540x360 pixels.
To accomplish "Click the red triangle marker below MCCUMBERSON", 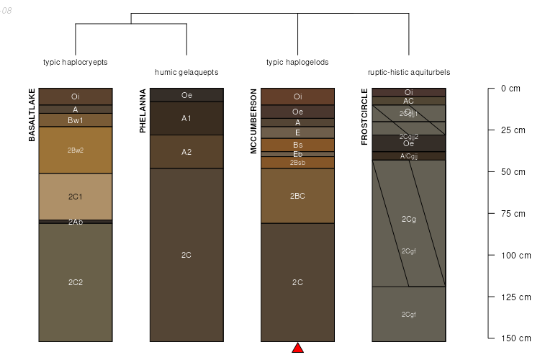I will click(x=297, y=348).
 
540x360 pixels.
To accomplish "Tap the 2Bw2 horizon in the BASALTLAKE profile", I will click(x=76, y=150).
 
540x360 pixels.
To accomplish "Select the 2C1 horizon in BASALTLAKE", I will click(x=76, y=196).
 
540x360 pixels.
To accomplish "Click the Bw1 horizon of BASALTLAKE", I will click(x=76, y=120).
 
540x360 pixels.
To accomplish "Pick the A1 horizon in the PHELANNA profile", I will click(x=186, y=118).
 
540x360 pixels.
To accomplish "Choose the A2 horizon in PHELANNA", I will click(x=186, y=151).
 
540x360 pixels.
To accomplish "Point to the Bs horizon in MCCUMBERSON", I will click(x=297, y=145).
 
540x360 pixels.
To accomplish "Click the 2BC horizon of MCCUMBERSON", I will click(x=297, y=196).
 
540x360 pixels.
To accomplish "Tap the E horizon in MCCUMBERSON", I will click(x=297, y=132).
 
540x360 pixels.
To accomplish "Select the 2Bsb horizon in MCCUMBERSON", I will click(x=297, y=163).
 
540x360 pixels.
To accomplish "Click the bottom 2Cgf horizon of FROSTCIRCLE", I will click(x=408, y=314).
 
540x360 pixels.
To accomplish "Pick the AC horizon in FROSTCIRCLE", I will click(x=408, y=101).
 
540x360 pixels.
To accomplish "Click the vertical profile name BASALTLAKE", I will click(x=32, y=114).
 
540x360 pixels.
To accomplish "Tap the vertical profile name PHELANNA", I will click(x=143, y=111).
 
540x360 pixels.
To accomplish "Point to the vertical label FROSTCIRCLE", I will click(x=364, y=117).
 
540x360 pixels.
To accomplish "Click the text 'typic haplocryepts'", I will click(x=76, y=62).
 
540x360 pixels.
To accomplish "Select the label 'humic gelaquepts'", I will click(x=186, y=72).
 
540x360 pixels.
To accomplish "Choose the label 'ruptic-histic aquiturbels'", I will click(x=408, y=72).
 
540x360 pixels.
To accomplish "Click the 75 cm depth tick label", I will click(x=515, y=213).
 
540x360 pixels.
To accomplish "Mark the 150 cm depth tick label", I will click(x=515, y=338).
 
